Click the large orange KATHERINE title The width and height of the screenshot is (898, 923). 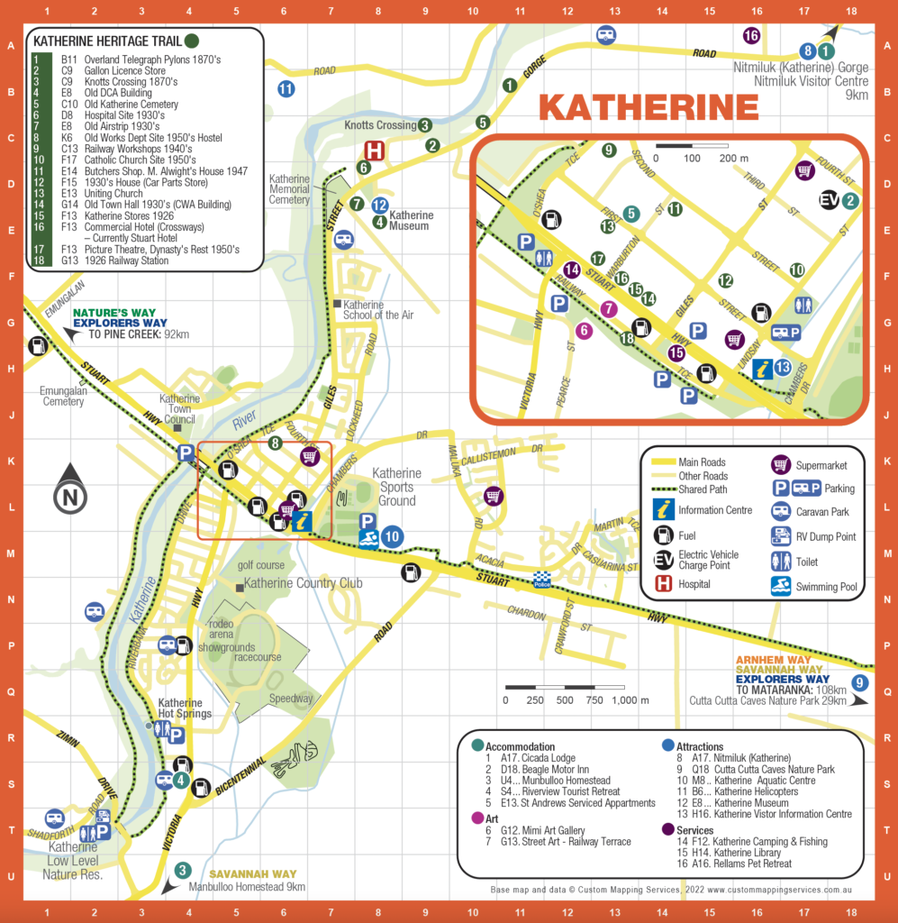649,106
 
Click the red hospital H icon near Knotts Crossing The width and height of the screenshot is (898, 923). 374,151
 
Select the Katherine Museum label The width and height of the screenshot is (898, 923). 411,221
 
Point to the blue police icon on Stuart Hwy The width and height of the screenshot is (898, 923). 541,577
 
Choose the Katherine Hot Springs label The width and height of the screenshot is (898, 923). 186,708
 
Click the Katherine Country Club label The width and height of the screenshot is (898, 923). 303,583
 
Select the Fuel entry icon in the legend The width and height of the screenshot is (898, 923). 664,535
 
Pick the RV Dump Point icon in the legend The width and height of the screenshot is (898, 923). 781,536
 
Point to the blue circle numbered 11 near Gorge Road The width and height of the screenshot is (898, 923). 286,88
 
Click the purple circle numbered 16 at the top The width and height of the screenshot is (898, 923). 751,36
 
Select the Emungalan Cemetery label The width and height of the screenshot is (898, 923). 62,396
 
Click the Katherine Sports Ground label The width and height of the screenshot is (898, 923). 396,487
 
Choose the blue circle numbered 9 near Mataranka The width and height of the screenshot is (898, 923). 861,682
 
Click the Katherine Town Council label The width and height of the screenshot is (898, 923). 179,409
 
